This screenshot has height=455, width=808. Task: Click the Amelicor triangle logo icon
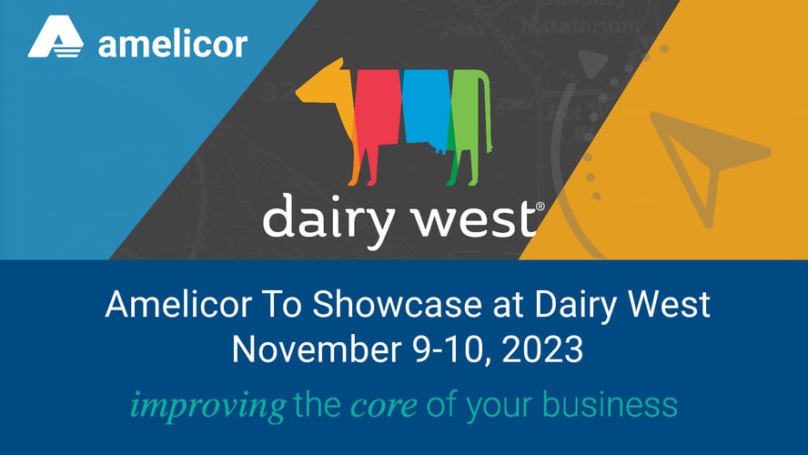coord(56,40)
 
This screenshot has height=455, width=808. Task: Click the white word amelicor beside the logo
coord(172,43)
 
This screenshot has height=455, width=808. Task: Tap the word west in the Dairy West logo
coord(478,219)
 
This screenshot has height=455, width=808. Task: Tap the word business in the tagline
coord(609,404)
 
